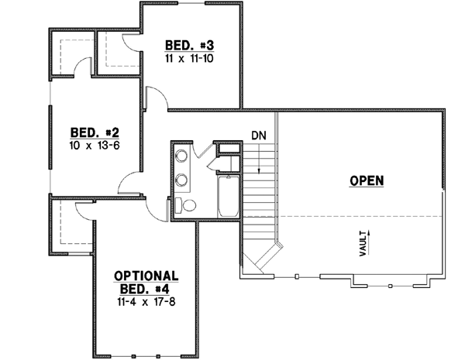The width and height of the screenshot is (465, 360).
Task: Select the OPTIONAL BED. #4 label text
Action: tap(146, 281)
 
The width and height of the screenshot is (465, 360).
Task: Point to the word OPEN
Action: tap(367, 181)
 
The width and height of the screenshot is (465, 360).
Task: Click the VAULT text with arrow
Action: tap(364, 242)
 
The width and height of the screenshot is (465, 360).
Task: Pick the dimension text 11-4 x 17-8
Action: tap(146, 300)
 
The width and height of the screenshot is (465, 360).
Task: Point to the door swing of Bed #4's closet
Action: tap(84, 207)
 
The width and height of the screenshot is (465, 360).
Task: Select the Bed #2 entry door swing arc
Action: tap(129, 183)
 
